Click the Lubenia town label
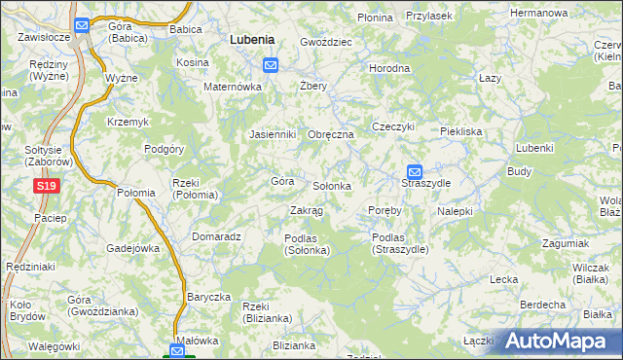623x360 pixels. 251,40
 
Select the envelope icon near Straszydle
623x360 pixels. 414,170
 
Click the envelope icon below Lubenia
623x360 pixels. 271,65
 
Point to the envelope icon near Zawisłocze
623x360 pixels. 82,26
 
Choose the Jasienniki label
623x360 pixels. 272,134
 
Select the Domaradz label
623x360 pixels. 216,235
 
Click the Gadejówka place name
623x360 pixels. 132,248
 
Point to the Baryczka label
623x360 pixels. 208,297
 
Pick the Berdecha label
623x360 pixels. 543,305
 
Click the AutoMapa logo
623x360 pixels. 562,341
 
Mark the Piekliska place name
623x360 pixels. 460,130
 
